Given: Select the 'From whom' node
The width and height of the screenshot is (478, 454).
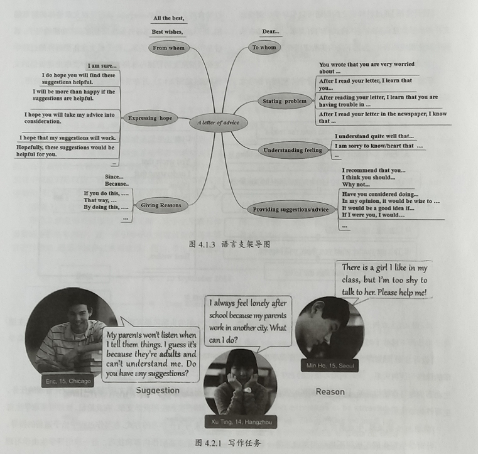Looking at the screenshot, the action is click(169, 48).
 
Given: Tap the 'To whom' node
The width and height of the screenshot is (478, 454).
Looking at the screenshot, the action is click(264, 47).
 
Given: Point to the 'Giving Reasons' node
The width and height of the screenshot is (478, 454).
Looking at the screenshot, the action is click(161, 205).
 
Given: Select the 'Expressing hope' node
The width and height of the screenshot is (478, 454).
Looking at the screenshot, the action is click(150, 118).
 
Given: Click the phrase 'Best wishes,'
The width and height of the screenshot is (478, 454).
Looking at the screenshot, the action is click(167, 31).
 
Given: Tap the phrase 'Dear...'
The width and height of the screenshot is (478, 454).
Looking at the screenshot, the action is click(271, 31).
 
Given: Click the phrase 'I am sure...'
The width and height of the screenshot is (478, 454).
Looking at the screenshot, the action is click(102, 66).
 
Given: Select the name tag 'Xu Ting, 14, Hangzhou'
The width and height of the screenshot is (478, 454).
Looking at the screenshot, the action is click(241, 422).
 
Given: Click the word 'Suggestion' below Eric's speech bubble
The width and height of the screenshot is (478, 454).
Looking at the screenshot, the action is click(158, 391).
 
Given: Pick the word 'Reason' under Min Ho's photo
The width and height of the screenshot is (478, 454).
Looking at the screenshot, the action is click(330, 392).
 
